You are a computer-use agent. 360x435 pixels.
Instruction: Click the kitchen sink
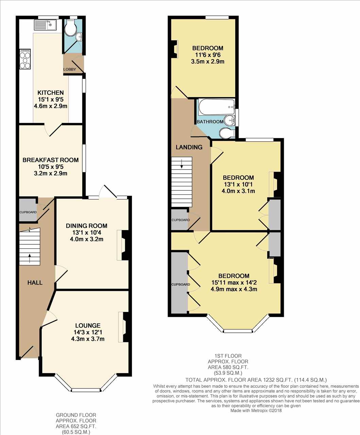45,25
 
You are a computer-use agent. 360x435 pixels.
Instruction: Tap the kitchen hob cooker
25,59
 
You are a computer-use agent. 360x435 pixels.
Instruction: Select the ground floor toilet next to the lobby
69,29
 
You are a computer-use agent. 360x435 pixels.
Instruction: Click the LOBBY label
70,69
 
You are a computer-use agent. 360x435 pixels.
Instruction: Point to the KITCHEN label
51,92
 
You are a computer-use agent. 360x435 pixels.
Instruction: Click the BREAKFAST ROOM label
51,160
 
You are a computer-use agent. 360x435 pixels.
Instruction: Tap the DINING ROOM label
87,226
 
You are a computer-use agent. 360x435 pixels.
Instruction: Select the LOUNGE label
88,325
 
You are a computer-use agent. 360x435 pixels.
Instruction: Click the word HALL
35,282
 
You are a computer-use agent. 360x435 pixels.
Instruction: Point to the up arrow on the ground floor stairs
29,258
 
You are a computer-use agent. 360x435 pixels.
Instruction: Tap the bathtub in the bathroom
217,106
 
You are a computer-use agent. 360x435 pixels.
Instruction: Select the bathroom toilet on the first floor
227,133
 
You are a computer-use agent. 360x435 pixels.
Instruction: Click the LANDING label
189,147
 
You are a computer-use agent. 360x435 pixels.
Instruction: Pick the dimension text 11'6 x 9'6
208,55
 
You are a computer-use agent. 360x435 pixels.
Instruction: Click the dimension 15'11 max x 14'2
234,282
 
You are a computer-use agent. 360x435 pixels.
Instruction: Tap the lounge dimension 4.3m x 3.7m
88,339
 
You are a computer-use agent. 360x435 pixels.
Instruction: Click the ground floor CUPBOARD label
28,212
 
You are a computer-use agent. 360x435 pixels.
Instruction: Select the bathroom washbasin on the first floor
229,121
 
